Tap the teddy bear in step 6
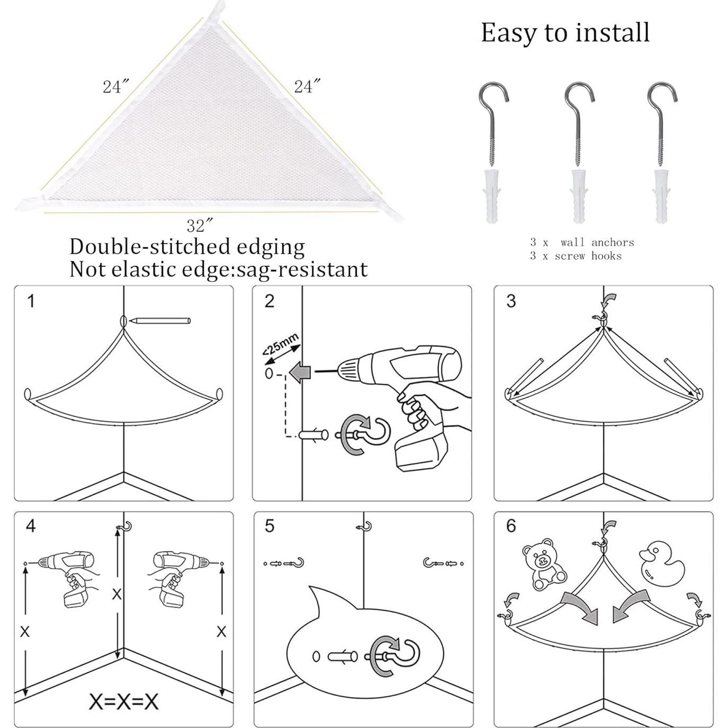click(543, 564)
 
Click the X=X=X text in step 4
click(123, 701)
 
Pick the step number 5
click(270, 526)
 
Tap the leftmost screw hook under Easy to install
click(493, 122)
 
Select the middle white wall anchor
click(578, 196)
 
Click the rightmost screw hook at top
click(662, 122)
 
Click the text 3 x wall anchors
click(582, 242)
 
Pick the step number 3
click(511, 301)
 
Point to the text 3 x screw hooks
click(575, 256)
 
